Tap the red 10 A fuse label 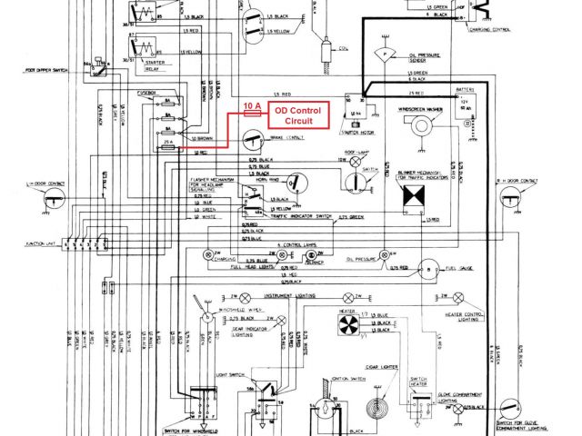(x=253, y=105)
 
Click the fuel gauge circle (x=426, y=270)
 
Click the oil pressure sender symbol (x=387, y=55)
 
